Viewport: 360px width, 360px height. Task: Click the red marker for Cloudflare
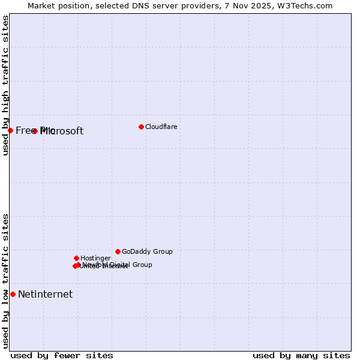pos(141,127)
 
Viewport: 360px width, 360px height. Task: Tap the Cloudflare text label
pos(161,127)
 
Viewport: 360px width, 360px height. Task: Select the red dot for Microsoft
pos(35,131)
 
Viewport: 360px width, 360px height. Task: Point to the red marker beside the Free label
pos(10,130)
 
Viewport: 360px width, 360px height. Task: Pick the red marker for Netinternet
pos(13,294)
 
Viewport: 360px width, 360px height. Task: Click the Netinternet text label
pos(45,294)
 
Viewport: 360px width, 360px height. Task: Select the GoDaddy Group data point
pos(118,251)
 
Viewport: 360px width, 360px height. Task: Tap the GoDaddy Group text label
pos(147,251)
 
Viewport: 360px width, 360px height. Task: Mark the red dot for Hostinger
pos(76,258)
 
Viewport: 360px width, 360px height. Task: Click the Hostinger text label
pos(95,258)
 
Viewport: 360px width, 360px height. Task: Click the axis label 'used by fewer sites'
pos(62,355)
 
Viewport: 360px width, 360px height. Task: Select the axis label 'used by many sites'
pos(301,355)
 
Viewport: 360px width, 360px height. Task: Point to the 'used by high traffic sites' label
pos(5,85)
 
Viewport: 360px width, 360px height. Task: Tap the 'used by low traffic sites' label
pos(5,281)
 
